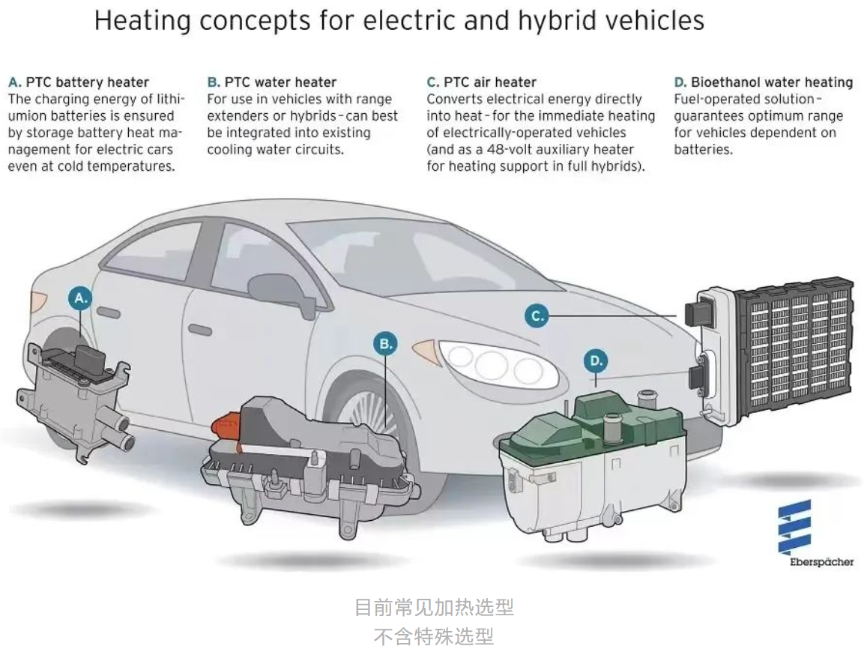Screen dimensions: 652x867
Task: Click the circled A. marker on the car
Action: [x=80, y=298]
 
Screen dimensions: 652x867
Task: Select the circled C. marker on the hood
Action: [x=537, y=316]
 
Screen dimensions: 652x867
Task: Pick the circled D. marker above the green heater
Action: [x=596, y=361]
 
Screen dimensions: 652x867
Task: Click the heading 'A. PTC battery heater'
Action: [x=79, y=82]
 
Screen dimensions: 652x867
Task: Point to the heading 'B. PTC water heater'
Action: [x=272, y=82]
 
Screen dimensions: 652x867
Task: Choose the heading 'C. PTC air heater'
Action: [x=482, y=82]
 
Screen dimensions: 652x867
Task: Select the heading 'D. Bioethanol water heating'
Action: [x=764, y=82]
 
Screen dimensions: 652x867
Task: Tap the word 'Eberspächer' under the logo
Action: [x=821, y=561]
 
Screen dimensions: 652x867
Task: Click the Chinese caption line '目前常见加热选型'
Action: [x=434, y=607]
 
